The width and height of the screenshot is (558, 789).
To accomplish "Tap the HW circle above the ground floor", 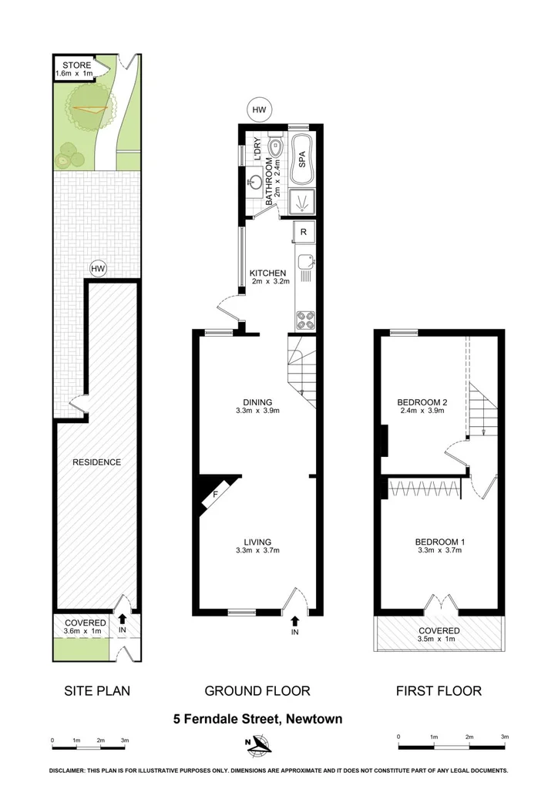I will coord(260,110).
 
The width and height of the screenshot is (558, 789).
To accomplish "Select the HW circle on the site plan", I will coord(97,268).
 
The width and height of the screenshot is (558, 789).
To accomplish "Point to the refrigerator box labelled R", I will coord(304,232).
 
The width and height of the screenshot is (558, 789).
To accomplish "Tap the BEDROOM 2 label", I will coord(422,402).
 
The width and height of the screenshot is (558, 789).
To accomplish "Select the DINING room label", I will coord(257,401).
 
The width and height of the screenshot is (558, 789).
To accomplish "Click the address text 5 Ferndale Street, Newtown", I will coord(257,719).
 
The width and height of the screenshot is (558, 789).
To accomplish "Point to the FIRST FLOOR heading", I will coord(439,691).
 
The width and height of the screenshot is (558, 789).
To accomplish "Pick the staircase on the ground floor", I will coord(301,370).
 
